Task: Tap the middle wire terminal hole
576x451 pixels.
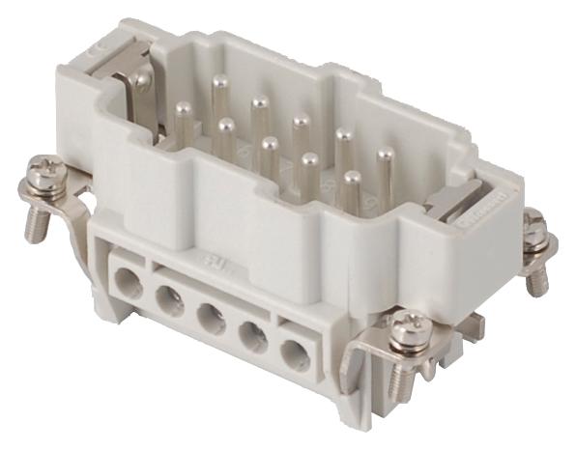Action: (x=210, y=320)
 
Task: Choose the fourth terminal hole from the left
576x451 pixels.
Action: (x=253, y=337)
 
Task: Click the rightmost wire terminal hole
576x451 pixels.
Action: (x=295, y=354)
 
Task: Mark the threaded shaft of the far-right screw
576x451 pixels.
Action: (x=536, y=275)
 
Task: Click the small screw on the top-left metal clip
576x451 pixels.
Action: (x=142, y=83)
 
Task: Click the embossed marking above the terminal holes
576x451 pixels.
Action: (x=208, y=261)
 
